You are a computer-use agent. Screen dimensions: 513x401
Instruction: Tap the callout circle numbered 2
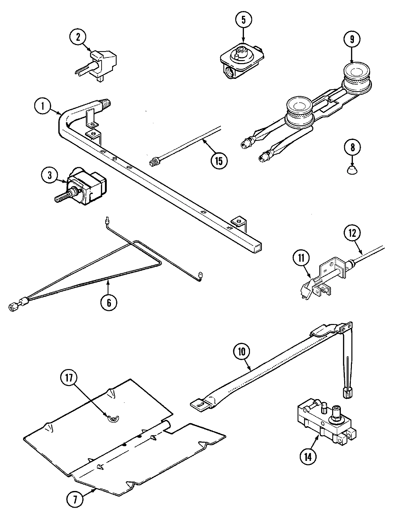(78, 37)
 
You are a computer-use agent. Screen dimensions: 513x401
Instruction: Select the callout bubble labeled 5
(243, 19)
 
